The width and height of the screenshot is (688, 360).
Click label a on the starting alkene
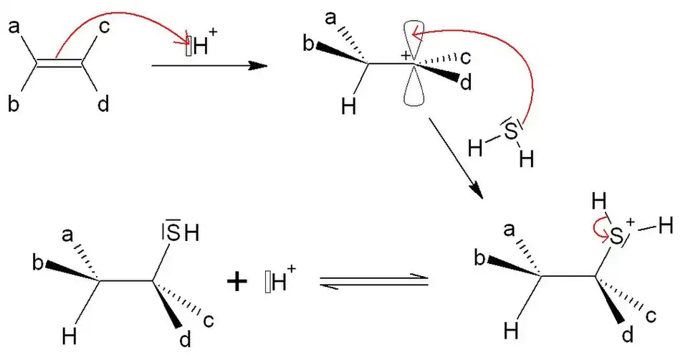click(14, 28)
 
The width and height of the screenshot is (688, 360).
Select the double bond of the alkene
click(59, 65)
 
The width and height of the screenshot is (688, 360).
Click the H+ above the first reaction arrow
click(204, 49)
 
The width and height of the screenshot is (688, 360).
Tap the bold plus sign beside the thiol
click(236, 282)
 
